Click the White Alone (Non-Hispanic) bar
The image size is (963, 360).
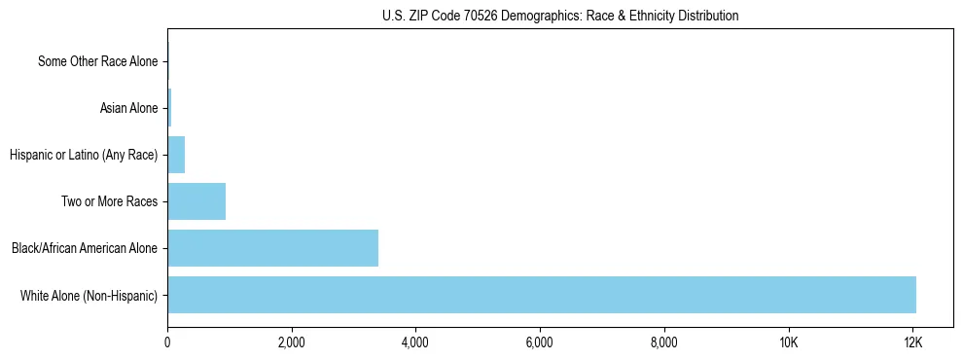coord(542,295)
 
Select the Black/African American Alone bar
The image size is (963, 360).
coord(272,248)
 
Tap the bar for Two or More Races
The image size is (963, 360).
coord(196,201)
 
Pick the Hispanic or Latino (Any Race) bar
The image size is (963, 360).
coord(176,155)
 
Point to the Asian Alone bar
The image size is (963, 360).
coord(169,108)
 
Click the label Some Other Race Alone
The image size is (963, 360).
coord(97,61)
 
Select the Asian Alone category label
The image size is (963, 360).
coord(128,108)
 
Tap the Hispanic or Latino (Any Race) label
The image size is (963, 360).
coord(83,155)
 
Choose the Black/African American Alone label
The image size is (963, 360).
coord(85,248)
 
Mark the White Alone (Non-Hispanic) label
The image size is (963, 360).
coord(89,295)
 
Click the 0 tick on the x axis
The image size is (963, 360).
coord(167,342)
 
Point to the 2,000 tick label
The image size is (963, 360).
coord(291,342)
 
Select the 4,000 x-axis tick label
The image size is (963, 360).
coord(415,342)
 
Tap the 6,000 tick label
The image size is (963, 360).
coord(539,342)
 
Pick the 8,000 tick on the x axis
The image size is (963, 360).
coord(663,342)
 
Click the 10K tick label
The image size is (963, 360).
coord(788,342)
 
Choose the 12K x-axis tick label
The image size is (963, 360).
coord(912,342)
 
